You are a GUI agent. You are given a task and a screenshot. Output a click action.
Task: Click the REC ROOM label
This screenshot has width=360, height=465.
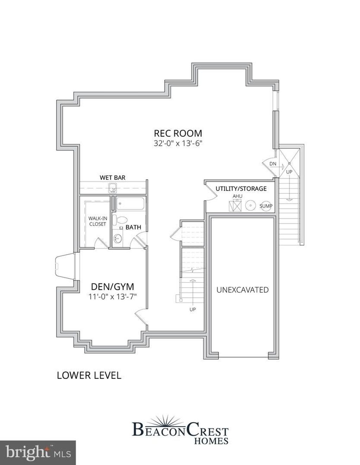[x=178, y=133]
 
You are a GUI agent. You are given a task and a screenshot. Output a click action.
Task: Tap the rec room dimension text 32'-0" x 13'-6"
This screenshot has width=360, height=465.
[x=178, y=143]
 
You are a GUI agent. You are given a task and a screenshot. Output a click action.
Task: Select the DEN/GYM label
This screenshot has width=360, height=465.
[x=112, y=286]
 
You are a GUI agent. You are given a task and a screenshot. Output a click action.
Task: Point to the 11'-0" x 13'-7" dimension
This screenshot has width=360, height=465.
[x=112, y=296]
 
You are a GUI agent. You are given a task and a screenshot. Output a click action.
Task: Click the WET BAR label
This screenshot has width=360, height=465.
[x=112, y=177]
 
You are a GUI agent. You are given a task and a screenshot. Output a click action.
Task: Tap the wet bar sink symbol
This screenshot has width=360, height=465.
[x=112, y=188]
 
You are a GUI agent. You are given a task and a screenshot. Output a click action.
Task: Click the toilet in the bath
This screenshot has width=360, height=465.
[x=120, y=220]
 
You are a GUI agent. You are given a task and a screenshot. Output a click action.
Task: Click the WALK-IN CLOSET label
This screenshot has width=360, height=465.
[x=98, y=221]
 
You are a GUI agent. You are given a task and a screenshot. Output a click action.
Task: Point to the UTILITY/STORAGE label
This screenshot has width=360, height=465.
[x=241, y=189]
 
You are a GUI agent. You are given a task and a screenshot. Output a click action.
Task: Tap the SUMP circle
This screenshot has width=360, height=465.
[x=265, y=206]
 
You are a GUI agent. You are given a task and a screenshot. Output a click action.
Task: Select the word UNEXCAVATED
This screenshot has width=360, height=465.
[x=243, y=290]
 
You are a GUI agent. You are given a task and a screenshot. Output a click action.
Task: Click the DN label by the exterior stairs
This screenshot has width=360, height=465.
[x=273, y=164]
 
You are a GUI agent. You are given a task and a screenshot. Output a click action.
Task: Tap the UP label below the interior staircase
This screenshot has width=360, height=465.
[x=193, y=309]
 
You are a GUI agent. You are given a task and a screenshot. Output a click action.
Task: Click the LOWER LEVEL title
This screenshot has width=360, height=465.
[x=89, y=381]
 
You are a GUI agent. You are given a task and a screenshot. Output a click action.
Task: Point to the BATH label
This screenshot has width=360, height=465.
[x=133, y=227]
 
